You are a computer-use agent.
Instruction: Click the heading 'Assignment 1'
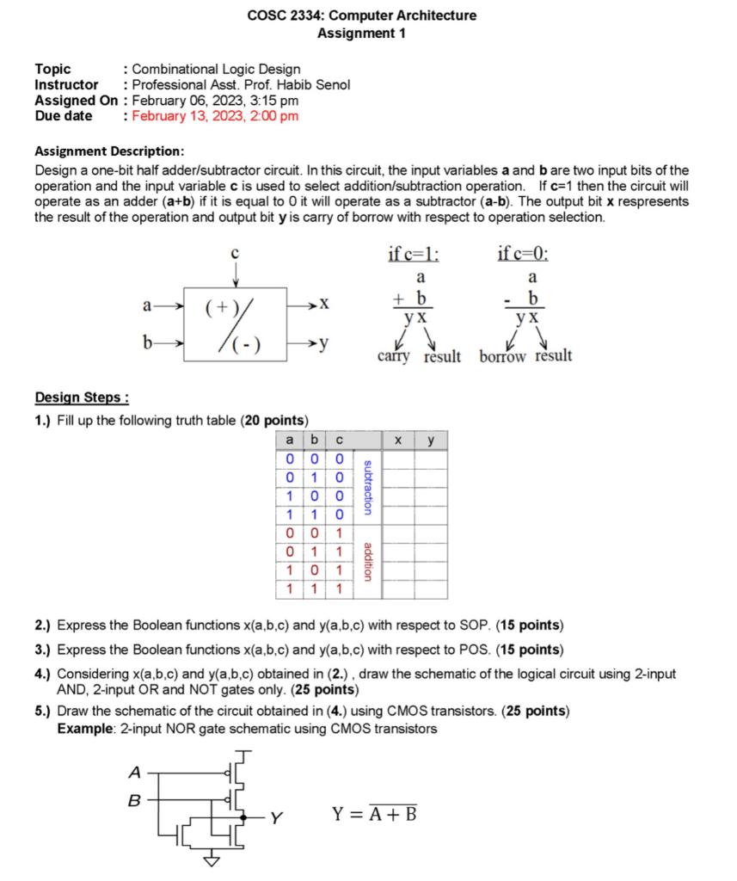tap(361, 34)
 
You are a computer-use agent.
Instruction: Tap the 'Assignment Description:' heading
tap(108, 150)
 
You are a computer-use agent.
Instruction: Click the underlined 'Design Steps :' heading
tap(82, 397)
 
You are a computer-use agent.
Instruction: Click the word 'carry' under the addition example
tap(393, 356)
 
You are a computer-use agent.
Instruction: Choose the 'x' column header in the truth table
tap(398, 440)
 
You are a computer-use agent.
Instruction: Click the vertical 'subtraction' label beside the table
tap(368, 488)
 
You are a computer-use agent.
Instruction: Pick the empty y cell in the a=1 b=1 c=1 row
tap(432, 589)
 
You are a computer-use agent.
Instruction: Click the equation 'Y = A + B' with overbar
tap(374, 811)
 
